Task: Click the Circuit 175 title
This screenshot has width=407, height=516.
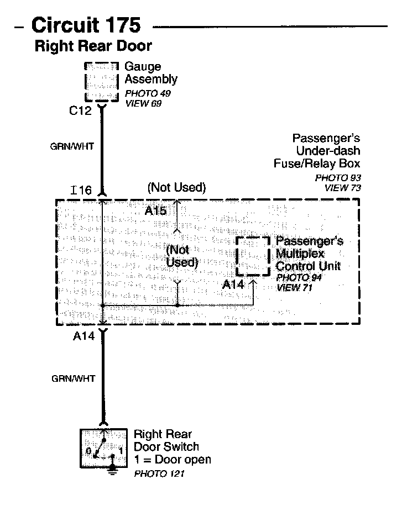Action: [86, 25]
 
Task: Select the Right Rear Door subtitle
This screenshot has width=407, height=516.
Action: [93, 46]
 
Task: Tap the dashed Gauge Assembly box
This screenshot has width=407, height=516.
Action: [101, 82]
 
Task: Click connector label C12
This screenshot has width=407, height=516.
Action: [80, 110]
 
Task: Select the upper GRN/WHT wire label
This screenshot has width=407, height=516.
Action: [72, 147]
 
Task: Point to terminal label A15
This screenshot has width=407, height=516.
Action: [155, 210]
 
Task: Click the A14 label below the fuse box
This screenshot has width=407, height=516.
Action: [84, 335]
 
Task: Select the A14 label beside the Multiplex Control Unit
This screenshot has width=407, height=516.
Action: [233, 285]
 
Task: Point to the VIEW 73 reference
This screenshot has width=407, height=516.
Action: [342, 187]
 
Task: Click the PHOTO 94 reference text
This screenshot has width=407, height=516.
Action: [299, 278]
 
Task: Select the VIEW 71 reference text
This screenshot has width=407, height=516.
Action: [296, 287]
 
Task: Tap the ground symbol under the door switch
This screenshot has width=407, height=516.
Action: [113, 470]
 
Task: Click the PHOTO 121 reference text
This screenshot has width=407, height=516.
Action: [159, 474]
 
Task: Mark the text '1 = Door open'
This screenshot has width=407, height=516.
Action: [172, 460]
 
